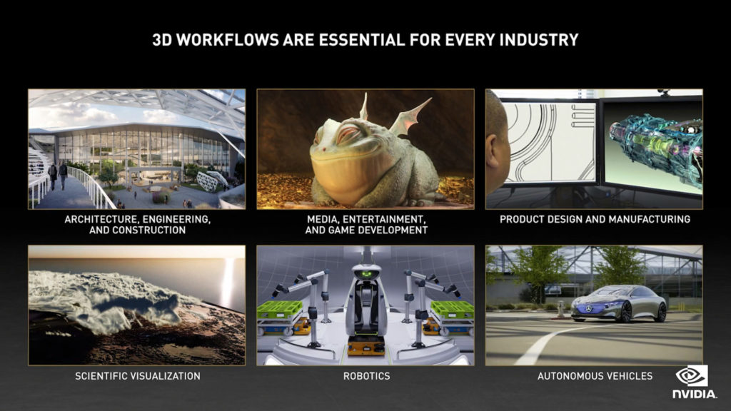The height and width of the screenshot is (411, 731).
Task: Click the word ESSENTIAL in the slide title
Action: (362, 40)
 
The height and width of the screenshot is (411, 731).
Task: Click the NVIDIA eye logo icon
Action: (692, 375)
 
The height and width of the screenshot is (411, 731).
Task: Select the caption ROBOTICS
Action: (366, 376)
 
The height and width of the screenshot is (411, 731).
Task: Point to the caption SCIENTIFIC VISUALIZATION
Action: (138, 376)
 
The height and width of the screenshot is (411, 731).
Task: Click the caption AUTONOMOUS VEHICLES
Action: (595, 376)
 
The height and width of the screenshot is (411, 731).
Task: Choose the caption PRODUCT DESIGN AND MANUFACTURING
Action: (595, 219)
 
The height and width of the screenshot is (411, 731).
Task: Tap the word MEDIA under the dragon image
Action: (321, 219)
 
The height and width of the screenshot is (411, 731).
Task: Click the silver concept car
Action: (619, 303)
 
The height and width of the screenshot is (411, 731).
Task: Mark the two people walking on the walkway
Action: (58, 175)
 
